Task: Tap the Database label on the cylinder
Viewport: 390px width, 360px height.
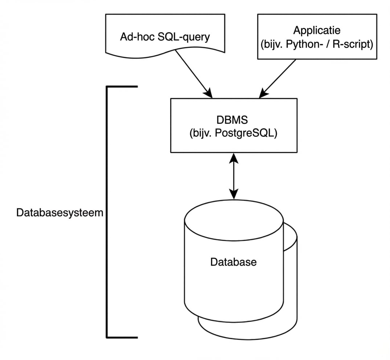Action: [x=233, y=262]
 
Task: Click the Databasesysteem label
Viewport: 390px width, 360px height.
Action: [x=60, y=213]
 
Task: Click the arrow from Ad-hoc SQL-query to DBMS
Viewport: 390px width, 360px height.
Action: [x=193, y=72]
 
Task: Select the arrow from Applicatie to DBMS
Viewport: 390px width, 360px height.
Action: [x=279, y=78]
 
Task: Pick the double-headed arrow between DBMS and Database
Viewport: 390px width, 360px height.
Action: [x=234, y=176]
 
